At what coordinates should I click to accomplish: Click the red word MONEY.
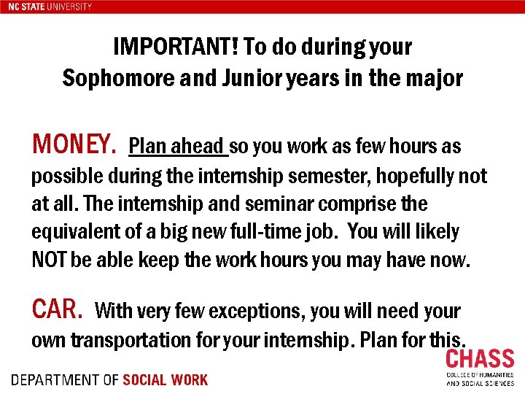74,144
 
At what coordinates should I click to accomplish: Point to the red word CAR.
58,310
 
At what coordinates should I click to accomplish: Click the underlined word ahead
199,146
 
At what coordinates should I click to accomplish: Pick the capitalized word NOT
48,260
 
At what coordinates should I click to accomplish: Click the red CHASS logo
479,360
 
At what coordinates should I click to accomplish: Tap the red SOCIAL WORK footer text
165,379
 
